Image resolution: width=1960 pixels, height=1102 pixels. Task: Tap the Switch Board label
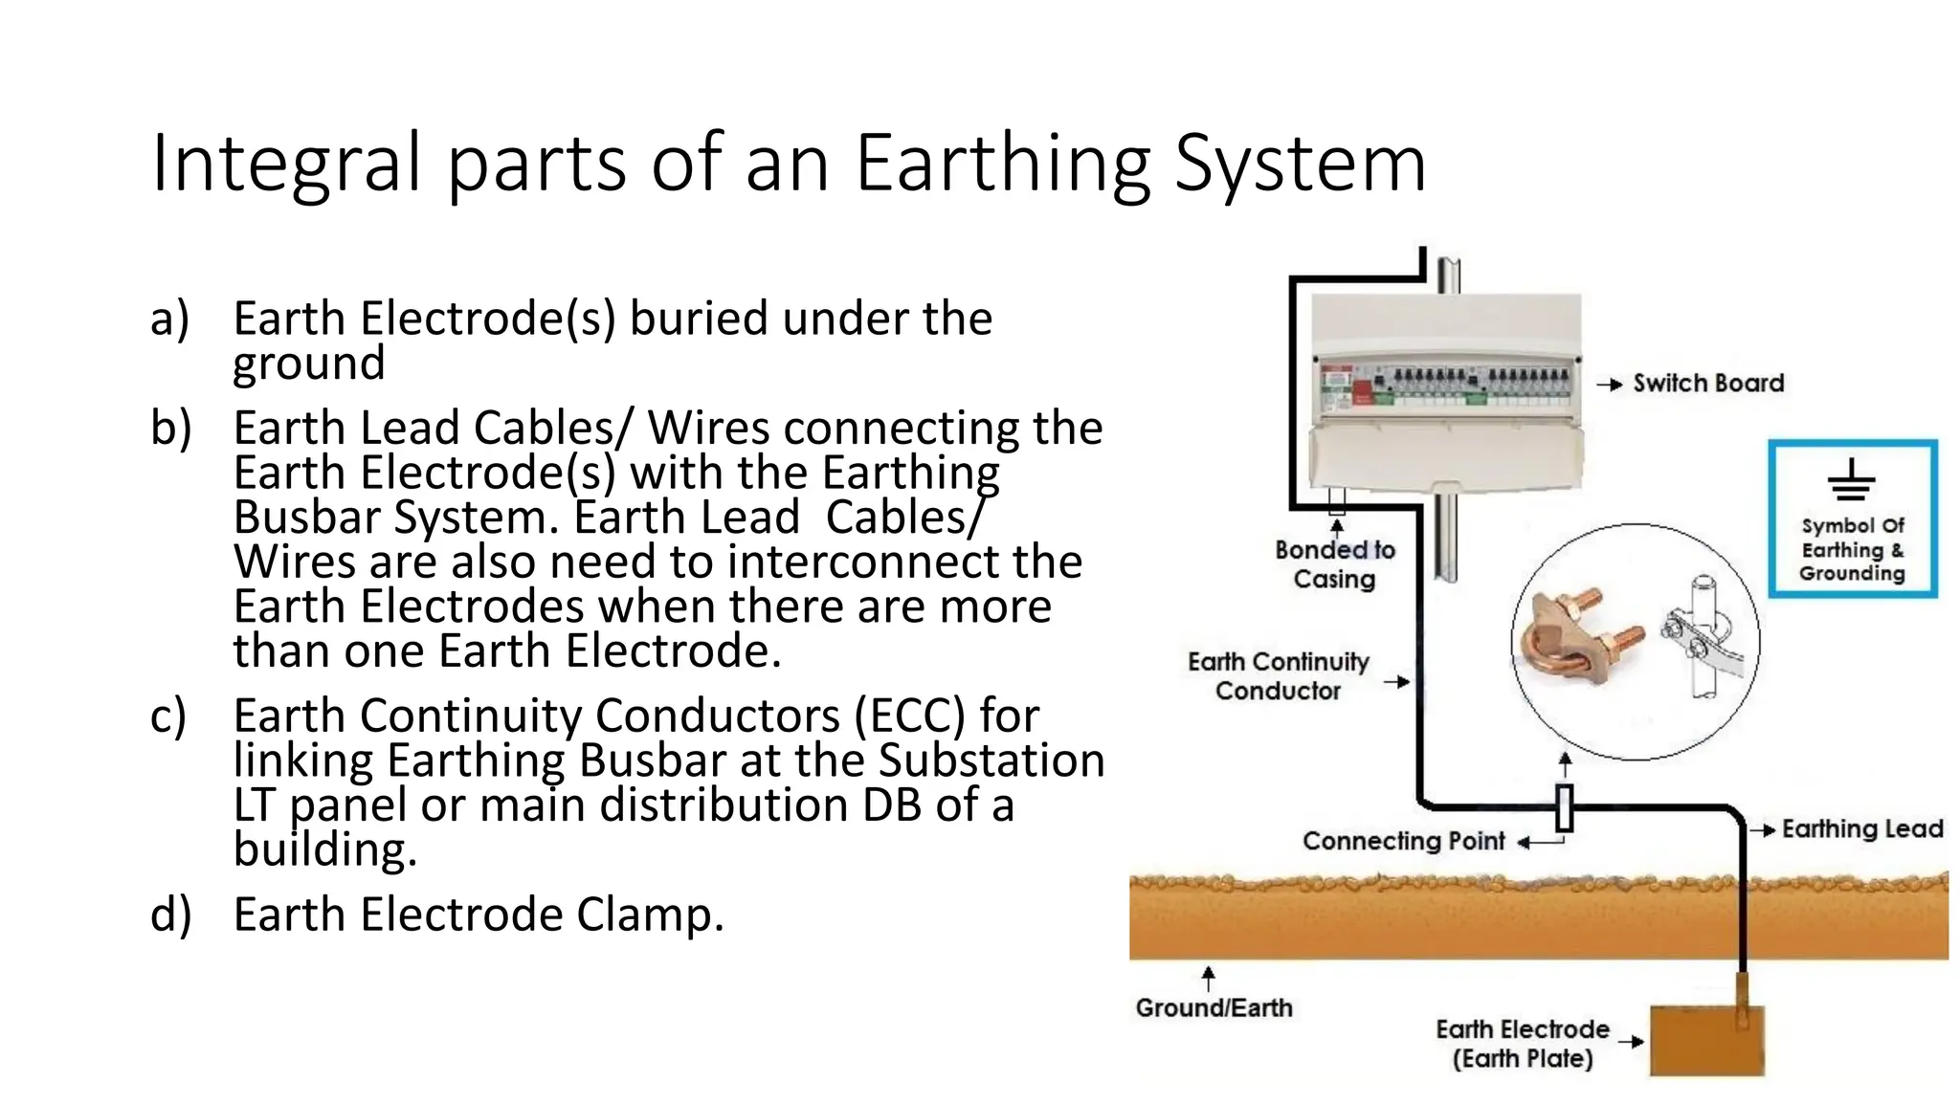1708,384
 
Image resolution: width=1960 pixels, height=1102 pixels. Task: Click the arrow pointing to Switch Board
1610,385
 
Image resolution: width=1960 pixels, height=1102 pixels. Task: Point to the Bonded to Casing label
1334,564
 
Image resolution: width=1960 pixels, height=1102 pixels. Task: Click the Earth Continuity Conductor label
1278,676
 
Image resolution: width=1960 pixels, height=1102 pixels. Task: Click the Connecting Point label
1403,842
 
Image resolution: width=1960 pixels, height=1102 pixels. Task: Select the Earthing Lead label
1861,829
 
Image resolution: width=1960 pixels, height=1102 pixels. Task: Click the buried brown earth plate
1706,1040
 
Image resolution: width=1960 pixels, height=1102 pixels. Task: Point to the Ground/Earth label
1214,1008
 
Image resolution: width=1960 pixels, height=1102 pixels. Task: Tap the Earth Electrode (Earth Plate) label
1522,1045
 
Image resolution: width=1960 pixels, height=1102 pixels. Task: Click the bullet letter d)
170,915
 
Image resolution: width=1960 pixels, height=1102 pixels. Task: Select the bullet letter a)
169,319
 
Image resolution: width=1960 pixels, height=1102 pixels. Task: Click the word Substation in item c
991,760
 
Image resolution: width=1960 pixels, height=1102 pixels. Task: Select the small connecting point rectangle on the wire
1564,808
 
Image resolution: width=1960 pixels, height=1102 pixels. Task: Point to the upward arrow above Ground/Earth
1209,978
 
